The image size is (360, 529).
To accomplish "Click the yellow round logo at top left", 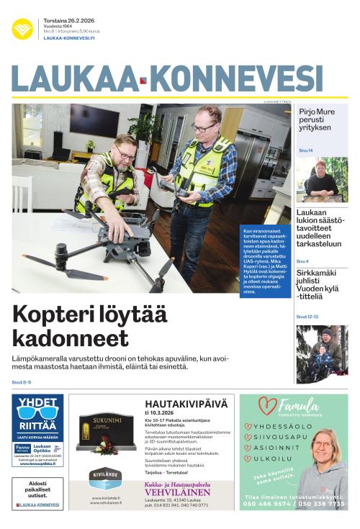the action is point(22,29).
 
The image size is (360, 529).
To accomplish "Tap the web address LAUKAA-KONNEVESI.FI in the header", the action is point(69,38).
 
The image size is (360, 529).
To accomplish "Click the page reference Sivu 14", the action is point(306,150).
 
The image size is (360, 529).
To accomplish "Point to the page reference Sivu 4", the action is point(302,261).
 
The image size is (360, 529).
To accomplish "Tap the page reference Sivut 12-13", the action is point(307,317).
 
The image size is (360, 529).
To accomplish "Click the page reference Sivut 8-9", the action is point(22,382).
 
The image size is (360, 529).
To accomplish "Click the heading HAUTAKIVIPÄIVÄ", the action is point(186,404).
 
